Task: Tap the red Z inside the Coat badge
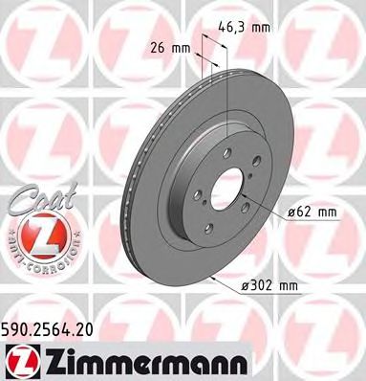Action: (30, 233)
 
